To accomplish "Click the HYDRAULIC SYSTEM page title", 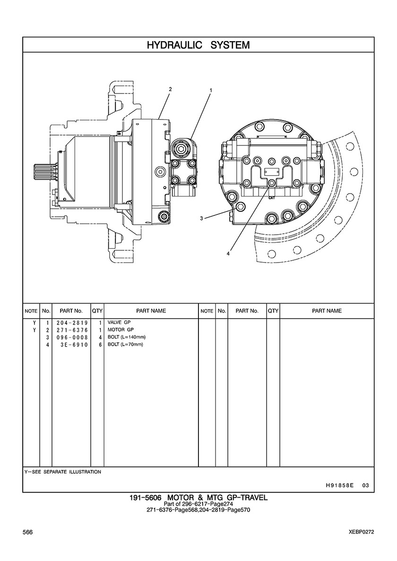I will [x=198, y=45].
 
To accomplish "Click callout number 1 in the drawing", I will [x=211, y=90].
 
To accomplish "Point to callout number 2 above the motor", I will [x=170, y=89].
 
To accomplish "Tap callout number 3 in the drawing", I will [x=201, y=218].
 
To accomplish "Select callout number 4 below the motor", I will [x=228, y=254].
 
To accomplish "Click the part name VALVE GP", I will [x=119, y=323].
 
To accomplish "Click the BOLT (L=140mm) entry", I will [x=126, y=337].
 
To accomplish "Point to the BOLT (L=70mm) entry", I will [x=125, y=344].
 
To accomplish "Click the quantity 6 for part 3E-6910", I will [x=100, y=344].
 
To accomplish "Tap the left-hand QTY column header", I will [x=97, y=311].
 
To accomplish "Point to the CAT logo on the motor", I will [x=272, y=198].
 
